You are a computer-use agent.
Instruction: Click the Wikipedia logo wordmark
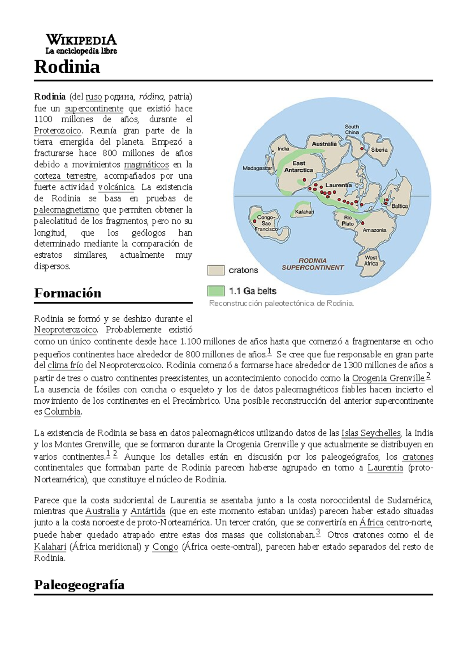(81, 40)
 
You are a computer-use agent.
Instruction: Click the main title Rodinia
(67, 67)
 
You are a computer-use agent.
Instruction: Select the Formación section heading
(68, 293)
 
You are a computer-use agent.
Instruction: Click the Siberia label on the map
(379, 150)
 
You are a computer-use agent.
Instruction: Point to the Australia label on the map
(324, 144)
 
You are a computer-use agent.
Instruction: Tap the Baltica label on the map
(400, 206)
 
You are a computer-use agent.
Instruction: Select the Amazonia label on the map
(374, 230)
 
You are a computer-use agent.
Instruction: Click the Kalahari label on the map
(304, 212)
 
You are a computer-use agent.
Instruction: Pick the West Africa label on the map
(371, 260)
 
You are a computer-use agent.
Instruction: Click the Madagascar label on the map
(257, 168)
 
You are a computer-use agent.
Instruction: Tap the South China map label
(352, 129)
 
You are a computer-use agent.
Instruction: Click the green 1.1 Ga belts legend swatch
(216, 291)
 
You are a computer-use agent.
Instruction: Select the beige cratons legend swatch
(216, 270)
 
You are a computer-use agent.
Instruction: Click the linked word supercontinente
(94, 108)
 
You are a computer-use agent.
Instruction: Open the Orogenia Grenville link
(388, 378)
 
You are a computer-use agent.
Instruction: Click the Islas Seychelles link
(370, 433)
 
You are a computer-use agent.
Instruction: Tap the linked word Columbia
(62, 411)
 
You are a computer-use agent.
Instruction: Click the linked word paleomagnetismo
(67, 210)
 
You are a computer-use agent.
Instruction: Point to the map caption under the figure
(281, 303)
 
